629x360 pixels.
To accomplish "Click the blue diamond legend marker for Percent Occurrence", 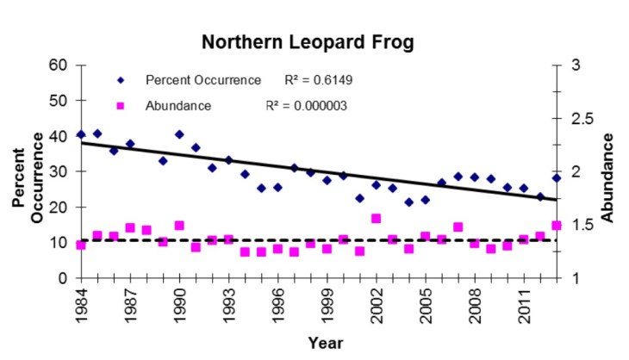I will click(121, 80).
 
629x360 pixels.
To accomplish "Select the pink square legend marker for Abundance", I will click(121, 106).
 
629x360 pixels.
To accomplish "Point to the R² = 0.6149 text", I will click(318, 80).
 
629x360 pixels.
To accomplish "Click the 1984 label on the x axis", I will click(81, 304).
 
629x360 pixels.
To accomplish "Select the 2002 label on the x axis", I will click(377, 304).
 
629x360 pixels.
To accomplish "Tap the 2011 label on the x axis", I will click(524, 304).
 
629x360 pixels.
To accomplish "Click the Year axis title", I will click(326, 343).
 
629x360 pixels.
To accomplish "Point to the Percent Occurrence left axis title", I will click(28, 172).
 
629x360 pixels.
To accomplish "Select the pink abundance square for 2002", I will click(376, 219).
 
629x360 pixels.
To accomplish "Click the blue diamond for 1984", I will click(81, 134).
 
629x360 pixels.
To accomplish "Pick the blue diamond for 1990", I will click(179, 134).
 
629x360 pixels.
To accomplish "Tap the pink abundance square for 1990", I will click(179, 226).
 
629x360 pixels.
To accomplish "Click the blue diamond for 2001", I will click(359, 198).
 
